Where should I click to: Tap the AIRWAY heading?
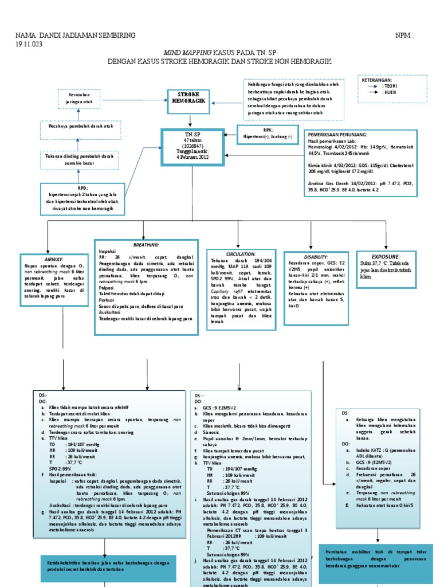(x=48, y=259)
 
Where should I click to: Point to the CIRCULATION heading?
(x=240, y=253)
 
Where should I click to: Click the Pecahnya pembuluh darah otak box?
(x=80, y=126)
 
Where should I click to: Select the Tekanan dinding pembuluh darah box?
(x=80, y=159)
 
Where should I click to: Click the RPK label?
(x=268, y=130)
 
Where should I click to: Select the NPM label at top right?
(x=404, y=36)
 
